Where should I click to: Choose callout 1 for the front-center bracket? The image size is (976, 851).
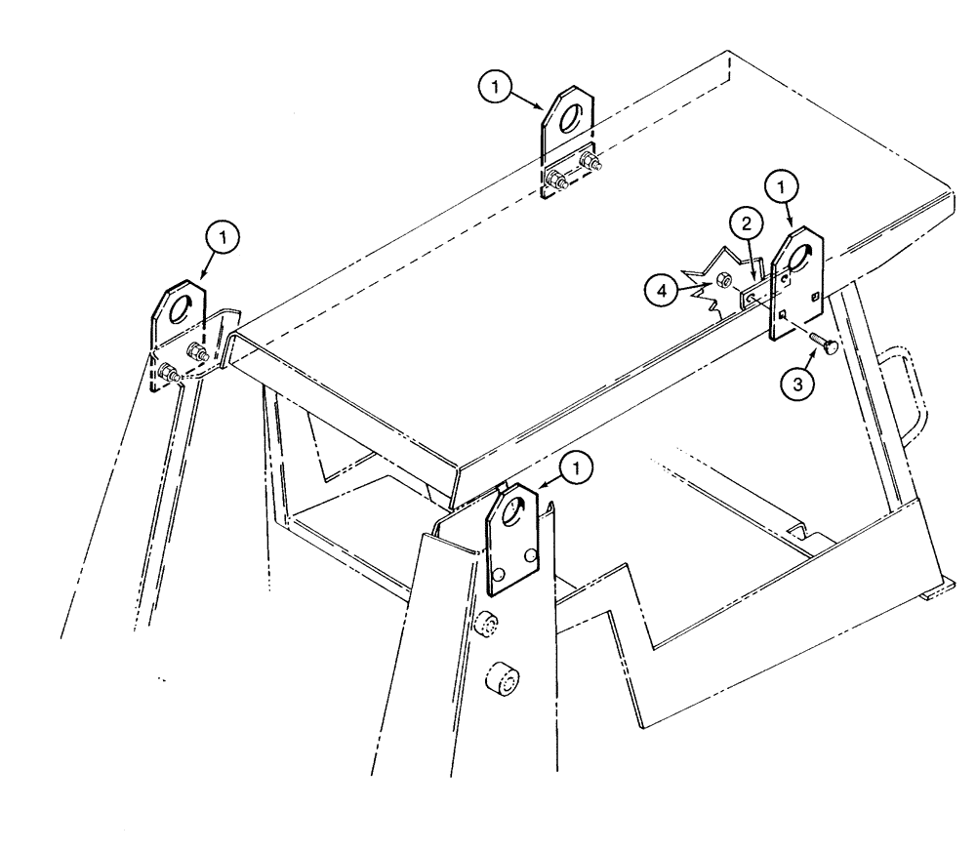580,470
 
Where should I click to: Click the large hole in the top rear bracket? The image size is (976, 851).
572,115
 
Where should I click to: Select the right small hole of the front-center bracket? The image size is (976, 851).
530,555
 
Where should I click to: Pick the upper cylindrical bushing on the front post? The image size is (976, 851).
489,625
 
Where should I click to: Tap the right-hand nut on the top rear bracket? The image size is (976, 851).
589,160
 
